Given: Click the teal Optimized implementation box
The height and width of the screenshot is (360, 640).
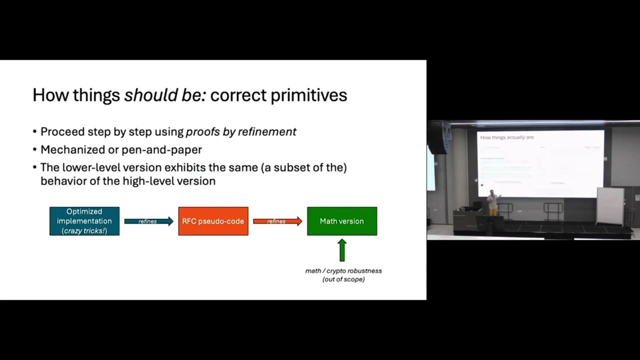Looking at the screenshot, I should click(x=84, y=221).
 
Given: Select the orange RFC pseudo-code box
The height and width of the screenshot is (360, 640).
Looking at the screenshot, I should click(x=213, y=221).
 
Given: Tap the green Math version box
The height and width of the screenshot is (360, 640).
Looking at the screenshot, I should click(x=342, y=221).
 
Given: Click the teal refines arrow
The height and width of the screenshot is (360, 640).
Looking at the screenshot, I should click(x=148, y=221).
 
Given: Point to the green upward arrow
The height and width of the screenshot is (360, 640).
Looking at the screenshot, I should click(x=342, y=250).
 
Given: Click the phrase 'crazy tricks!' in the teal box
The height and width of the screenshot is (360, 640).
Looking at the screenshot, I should click(x=84, y=230).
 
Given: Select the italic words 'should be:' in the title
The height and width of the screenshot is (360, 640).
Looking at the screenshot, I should click(x=165, y=95).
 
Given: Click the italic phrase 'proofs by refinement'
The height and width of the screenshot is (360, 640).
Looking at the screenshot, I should click(x=241, y=132).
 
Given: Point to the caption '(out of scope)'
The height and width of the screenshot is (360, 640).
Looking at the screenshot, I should click(x=343, y=279).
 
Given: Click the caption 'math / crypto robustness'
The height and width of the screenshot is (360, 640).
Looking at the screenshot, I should click(x=343, y=270).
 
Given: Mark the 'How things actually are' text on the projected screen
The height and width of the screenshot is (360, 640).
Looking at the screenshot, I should click(x=507, y=137).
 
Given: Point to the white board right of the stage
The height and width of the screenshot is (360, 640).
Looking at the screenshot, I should click(x=610, y=206).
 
